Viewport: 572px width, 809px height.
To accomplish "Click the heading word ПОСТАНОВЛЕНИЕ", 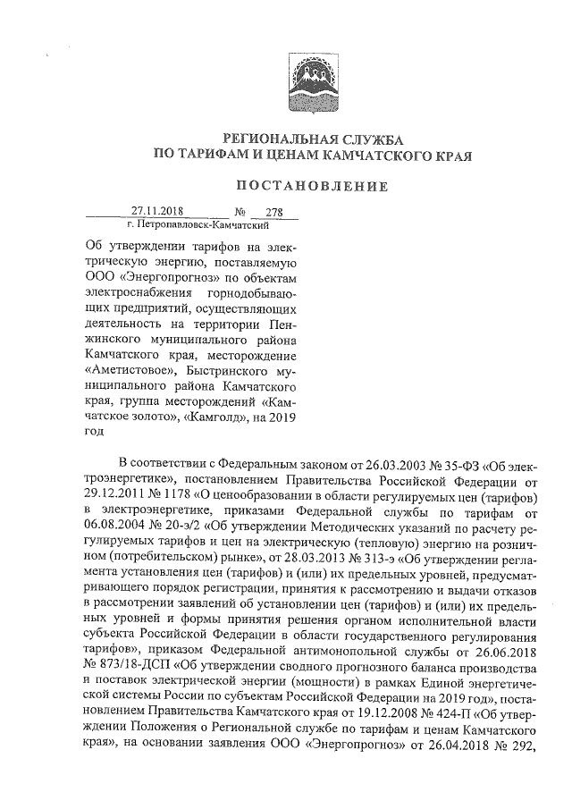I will coord(311,187).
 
